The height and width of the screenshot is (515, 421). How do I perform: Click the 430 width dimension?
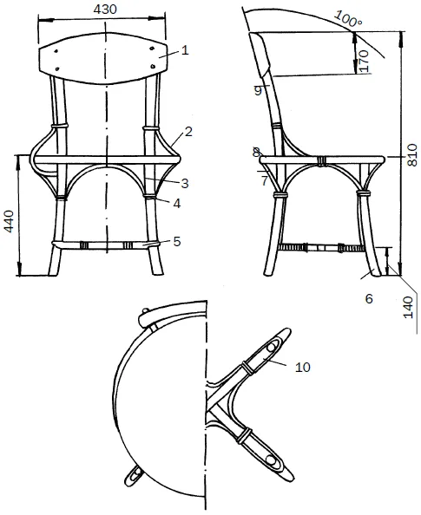[x=105, y=10]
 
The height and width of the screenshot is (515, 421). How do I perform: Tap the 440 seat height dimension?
[x=9, y=221]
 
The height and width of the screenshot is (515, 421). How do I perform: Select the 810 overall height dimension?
[x=411, y=154]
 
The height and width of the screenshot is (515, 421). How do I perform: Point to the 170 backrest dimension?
[x=364, y=61]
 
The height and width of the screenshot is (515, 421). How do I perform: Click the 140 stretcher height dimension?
[x=408, y=307]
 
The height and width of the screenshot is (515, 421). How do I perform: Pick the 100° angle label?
[x=348, y=18]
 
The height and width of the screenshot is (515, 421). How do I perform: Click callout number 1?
[x=185, y=50]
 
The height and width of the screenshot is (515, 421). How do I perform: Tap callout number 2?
[x=188, y=132]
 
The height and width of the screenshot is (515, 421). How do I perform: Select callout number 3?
[x=185, y=183]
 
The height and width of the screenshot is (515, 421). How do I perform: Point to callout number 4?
[x=177, y=204]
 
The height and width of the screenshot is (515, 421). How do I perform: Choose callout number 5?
[x=177, y=241]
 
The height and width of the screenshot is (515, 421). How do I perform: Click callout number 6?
[x=369, y=298]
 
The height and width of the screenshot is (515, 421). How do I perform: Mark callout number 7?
[x=265, y=180]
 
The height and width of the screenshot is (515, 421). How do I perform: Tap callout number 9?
[x=258, y=91]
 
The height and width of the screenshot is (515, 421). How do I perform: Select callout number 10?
[x=303, y=367]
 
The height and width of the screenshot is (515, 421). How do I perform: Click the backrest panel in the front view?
[x=104, y=57]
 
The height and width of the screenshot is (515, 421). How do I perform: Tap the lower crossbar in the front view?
[x=106, y=245]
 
